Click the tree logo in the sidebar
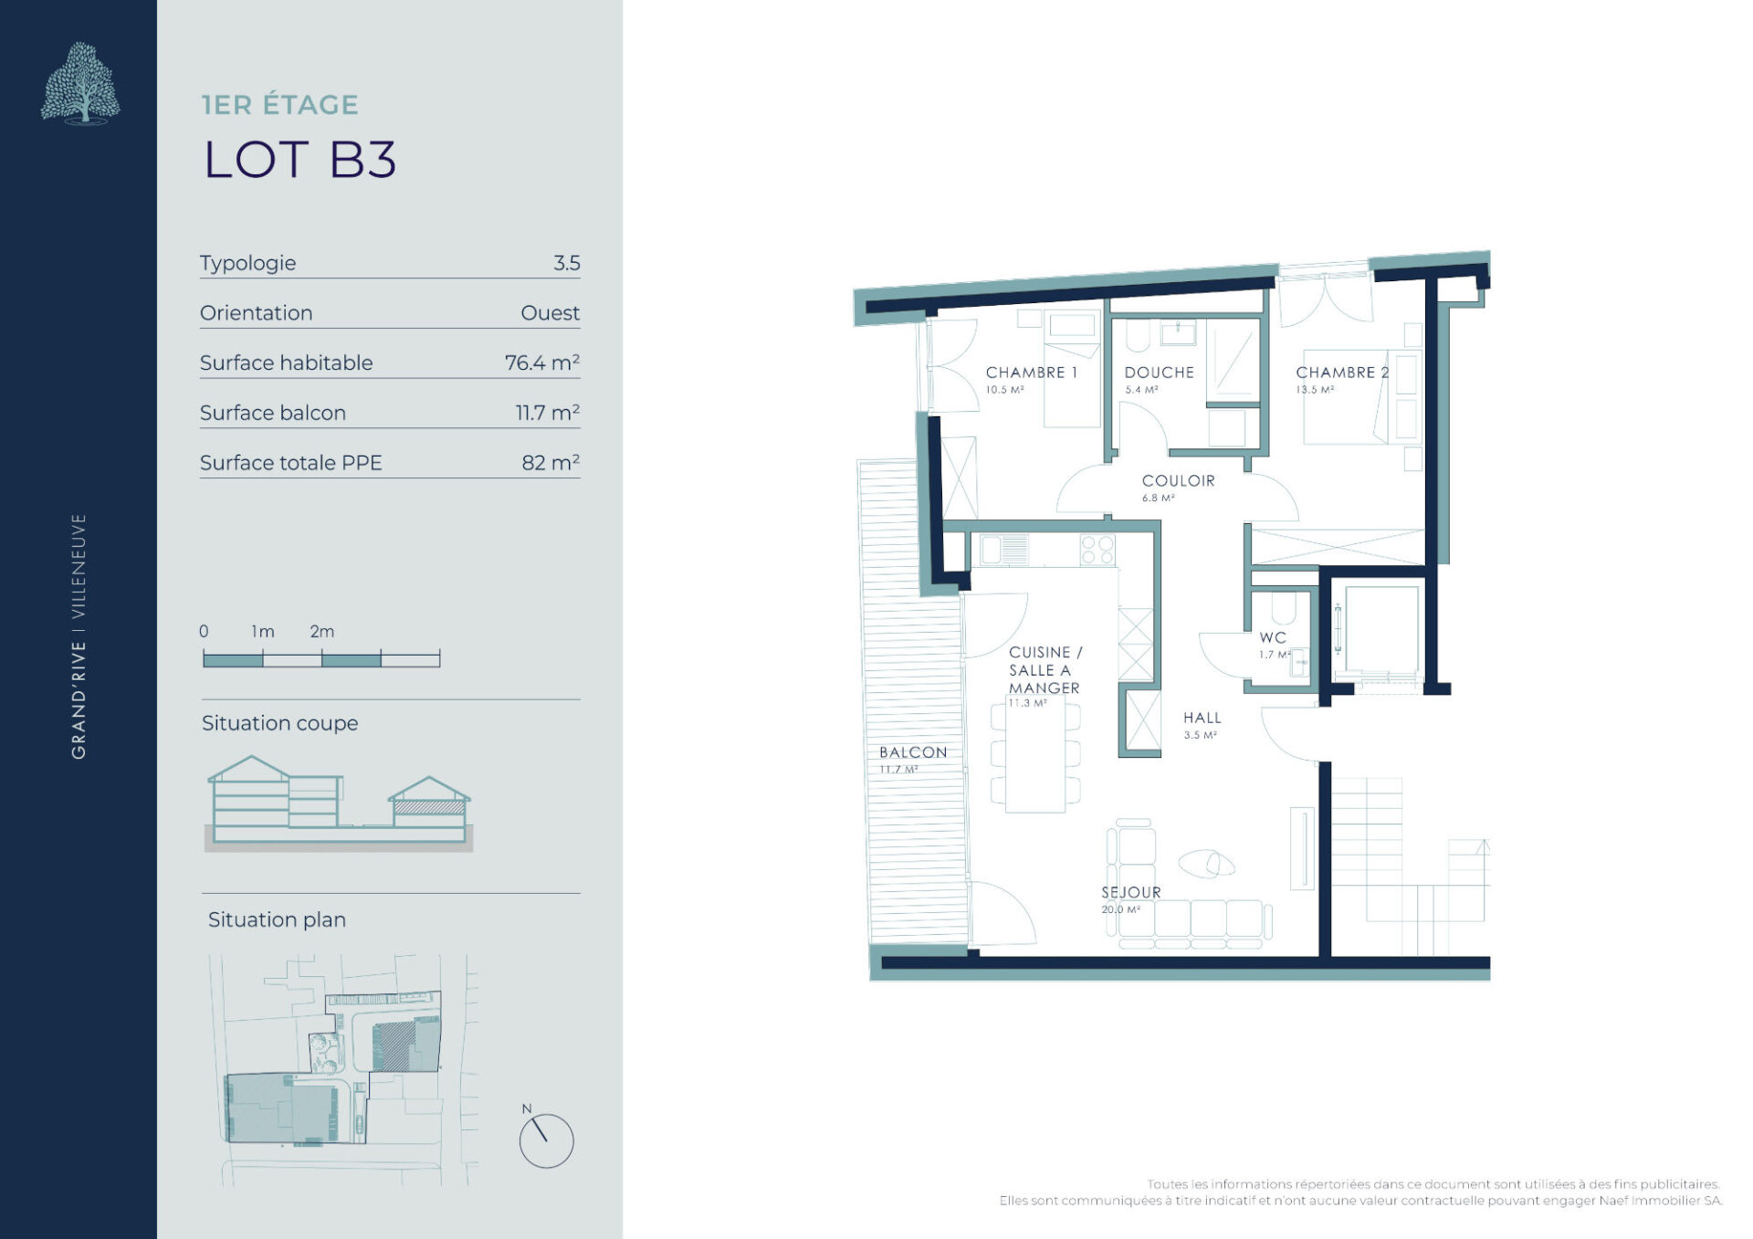point(80,82)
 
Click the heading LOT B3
point(299,160)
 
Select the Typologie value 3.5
point(566,263)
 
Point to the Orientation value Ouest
point(550,313)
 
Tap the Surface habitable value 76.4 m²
point(542,362)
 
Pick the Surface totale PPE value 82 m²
point(551,462)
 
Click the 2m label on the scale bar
point(321,631)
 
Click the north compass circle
point(546,1140)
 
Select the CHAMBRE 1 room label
point(1031,373)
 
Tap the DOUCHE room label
point(1159,373)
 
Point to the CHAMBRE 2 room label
point(1342,373)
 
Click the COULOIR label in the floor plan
point(1178,481)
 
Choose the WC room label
point(1273,638)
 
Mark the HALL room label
point(1202,719)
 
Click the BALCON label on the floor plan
point(913,752)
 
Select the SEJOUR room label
point(1131,892)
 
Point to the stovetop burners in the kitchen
point(1097,551)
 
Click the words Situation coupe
point(279,723)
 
